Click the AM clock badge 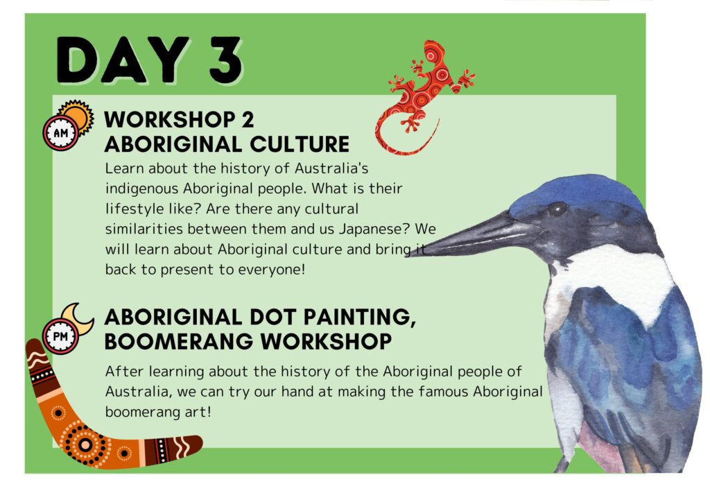coord(61,133)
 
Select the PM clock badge coord(61,336)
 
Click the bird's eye coord(557,209)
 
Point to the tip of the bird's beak coord(408,254)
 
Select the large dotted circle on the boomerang coord(85,444)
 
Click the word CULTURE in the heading coord(300,144)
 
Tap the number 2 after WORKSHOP coord(248,119)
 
